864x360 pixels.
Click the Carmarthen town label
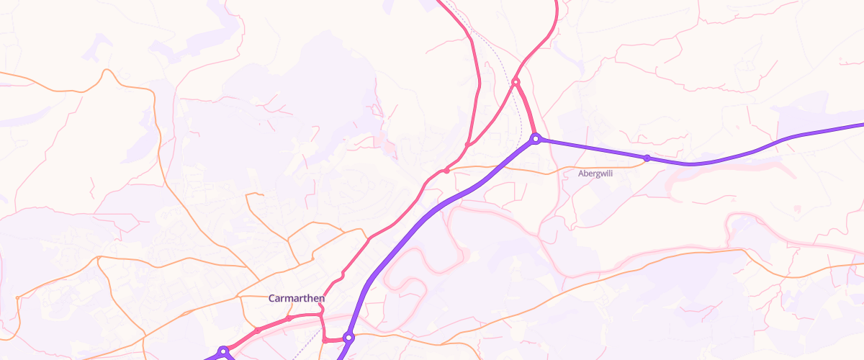click(297, 298)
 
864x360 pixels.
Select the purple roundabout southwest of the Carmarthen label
click(223, 351)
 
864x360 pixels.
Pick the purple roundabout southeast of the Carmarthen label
click(348, 337)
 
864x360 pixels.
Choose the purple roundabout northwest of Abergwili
click(535, 138)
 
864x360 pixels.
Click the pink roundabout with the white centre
click(516, 84)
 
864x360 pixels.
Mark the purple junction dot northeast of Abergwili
click(647, 158)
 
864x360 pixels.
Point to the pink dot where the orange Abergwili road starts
click(446, 171)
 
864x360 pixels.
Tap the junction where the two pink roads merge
click(467, 145)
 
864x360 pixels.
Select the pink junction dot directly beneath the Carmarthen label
click(289, 318)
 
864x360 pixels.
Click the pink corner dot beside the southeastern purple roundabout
click(325, 340)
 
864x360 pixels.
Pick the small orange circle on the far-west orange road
click(16, 297)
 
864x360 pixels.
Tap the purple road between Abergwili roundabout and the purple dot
click(590, 148)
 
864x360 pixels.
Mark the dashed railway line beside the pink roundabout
click(504, 76)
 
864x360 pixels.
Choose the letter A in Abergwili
click(581, 174)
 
